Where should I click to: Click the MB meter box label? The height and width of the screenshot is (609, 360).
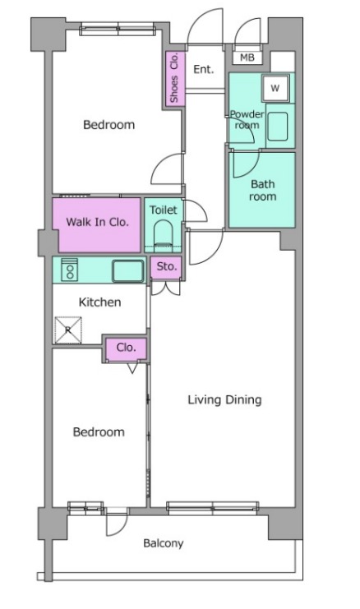(x=247, y=58)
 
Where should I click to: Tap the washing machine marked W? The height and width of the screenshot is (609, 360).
(x=275, y=88)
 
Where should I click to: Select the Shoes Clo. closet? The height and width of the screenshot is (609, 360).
(x=173, y=78)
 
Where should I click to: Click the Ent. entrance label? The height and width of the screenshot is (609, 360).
(x=204, y=70)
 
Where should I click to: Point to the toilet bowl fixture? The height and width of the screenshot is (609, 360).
(x=163, y=233)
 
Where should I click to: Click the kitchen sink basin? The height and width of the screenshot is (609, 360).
(x=128, y=270)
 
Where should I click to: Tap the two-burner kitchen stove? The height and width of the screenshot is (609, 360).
(x=70, y=270)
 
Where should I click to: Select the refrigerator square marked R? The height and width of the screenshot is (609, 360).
(x=68, y=330)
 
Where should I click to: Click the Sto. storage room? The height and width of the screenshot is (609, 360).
(x=166, y=268)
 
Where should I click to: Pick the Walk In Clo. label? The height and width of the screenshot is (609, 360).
(x=97, y=222)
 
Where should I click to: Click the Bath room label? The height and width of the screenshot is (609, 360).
(x=262, y=190)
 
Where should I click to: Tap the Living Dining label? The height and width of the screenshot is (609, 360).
(x=224, y=399)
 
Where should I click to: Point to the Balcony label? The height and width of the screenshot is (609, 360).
(x=163, y=543)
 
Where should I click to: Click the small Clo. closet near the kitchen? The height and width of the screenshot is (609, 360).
(x=127, y=348)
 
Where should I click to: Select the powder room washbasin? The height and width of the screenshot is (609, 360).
(x=277, y=127)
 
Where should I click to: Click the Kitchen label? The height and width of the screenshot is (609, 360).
(x=99, y=302)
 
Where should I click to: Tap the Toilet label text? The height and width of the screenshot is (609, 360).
(x=164, y=210)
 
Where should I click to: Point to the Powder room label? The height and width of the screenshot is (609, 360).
(x=247, y=120)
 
